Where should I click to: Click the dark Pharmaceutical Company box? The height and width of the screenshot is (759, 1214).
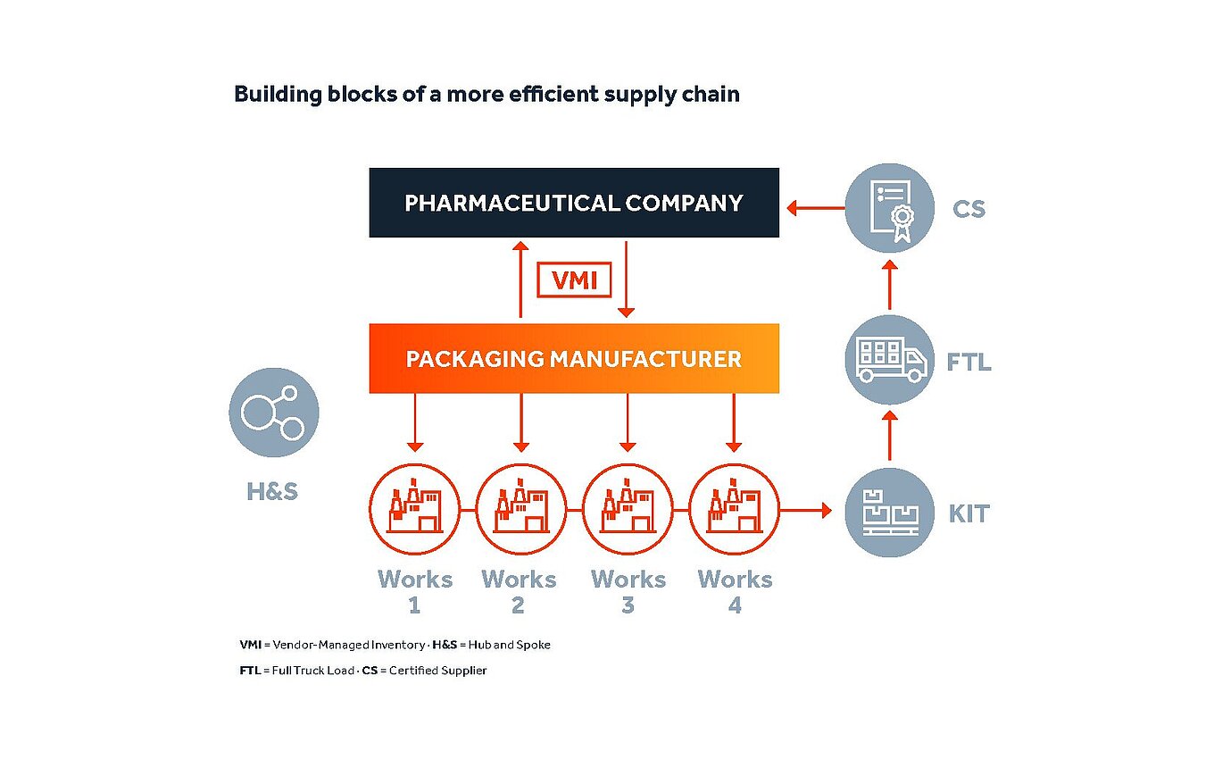(574, 203)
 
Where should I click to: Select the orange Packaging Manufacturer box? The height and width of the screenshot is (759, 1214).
(574, 359)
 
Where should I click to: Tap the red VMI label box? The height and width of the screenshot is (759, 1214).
(573, 281)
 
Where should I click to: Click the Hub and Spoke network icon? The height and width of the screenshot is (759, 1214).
(273, 413)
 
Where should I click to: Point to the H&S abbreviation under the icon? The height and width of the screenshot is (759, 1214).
(272, 491)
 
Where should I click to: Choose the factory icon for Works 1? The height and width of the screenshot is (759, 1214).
(414, 510)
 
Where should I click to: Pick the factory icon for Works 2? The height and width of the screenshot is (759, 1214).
(520, 510)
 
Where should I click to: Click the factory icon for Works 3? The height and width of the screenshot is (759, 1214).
(627, 510)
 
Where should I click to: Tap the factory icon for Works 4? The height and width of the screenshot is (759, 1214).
(734, 510)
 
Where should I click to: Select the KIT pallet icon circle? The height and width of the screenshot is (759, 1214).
(889, 513)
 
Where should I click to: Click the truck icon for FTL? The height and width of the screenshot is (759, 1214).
(889, 360)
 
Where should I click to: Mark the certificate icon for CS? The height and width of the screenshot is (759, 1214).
(889, 209)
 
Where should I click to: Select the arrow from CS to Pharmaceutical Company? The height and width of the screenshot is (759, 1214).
(815, 209)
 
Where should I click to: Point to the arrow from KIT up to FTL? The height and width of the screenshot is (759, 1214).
(889, 436)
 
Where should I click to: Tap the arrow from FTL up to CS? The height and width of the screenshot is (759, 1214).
(889, 284)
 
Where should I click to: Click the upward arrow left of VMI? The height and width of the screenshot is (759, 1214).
(520, 279)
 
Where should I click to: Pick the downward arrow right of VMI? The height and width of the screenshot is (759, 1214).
(627, 279)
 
